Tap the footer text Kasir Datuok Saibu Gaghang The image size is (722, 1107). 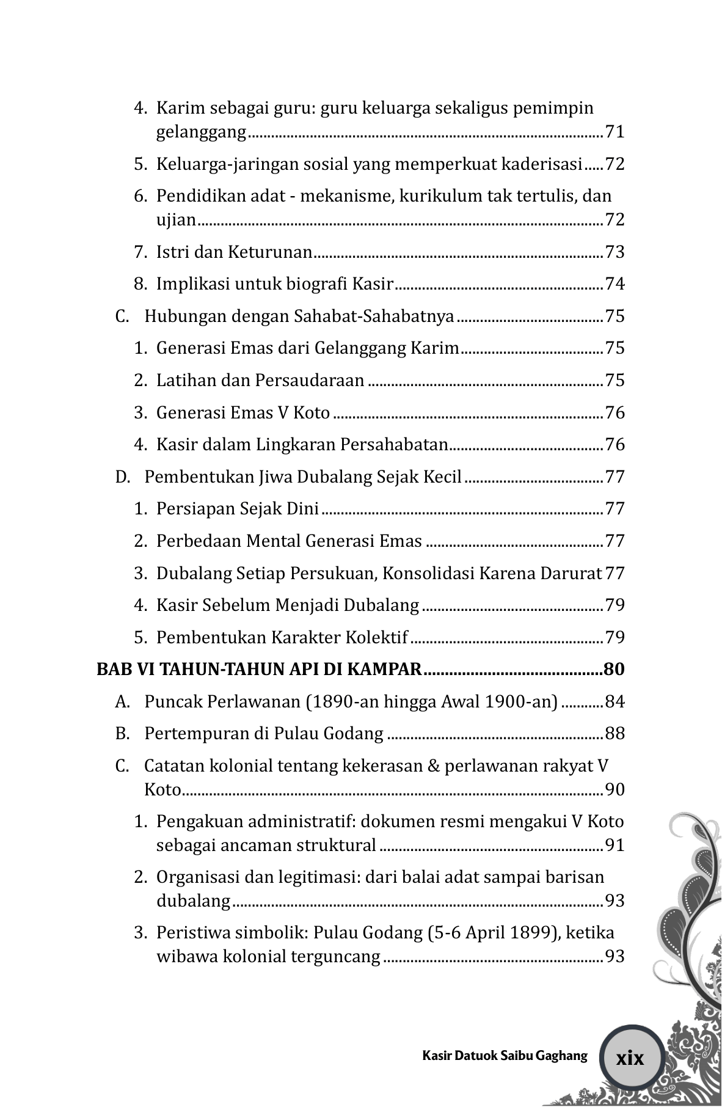[x=505, y=1056]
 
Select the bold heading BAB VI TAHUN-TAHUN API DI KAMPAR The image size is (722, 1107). [x=259, y=670]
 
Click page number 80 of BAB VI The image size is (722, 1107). [x=614, y=670]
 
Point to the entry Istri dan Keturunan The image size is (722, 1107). [x=235, y=252]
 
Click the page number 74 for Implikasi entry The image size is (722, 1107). [x=614, y=284]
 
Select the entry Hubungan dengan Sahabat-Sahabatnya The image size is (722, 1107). [x=299, y=316]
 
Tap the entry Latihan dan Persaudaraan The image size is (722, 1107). [x=260, y=381]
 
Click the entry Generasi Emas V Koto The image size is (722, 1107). [x=243, y=413]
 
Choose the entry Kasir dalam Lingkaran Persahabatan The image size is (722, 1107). [x=302, y=445]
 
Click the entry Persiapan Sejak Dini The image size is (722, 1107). [x=238, y=509]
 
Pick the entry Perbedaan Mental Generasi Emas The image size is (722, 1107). [x=289, y=541]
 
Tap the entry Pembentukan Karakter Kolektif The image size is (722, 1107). [x=282, y=638]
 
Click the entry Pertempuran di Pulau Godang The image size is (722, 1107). [x=264, y=734]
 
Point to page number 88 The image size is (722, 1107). [x=614, y=734]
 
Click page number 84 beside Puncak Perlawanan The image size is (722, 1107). [x=614, y=702]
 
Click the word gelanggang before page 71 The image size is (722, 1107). [x=201, y=132]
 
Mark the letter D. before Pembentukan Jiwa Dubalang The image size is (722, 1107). [x=122, y=477]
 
